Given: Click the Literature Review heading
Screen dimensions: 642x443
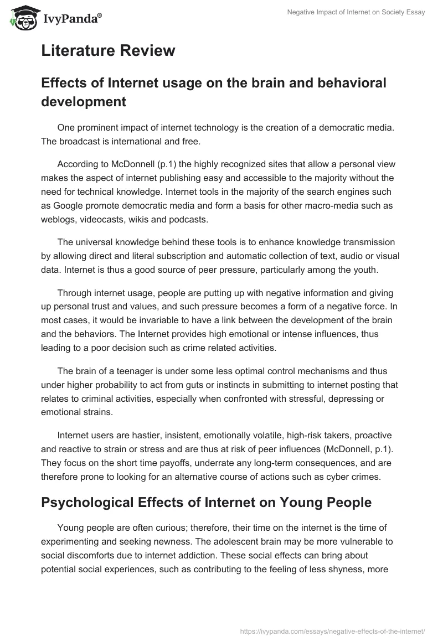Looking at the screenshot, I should pos(108,51).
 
